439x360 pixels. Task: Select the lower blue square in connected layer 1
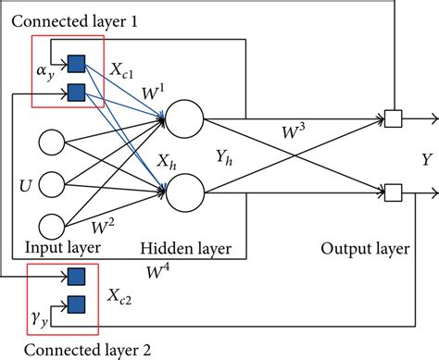coord(77,92)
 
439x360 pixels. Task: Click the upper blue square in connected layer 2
coord(77,275)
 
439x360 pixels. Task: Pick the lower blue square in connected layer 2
coord(77,302)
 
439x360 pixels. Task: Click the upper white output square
coord(393,118)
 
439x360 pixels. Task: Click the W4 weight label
coord(157,270)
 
